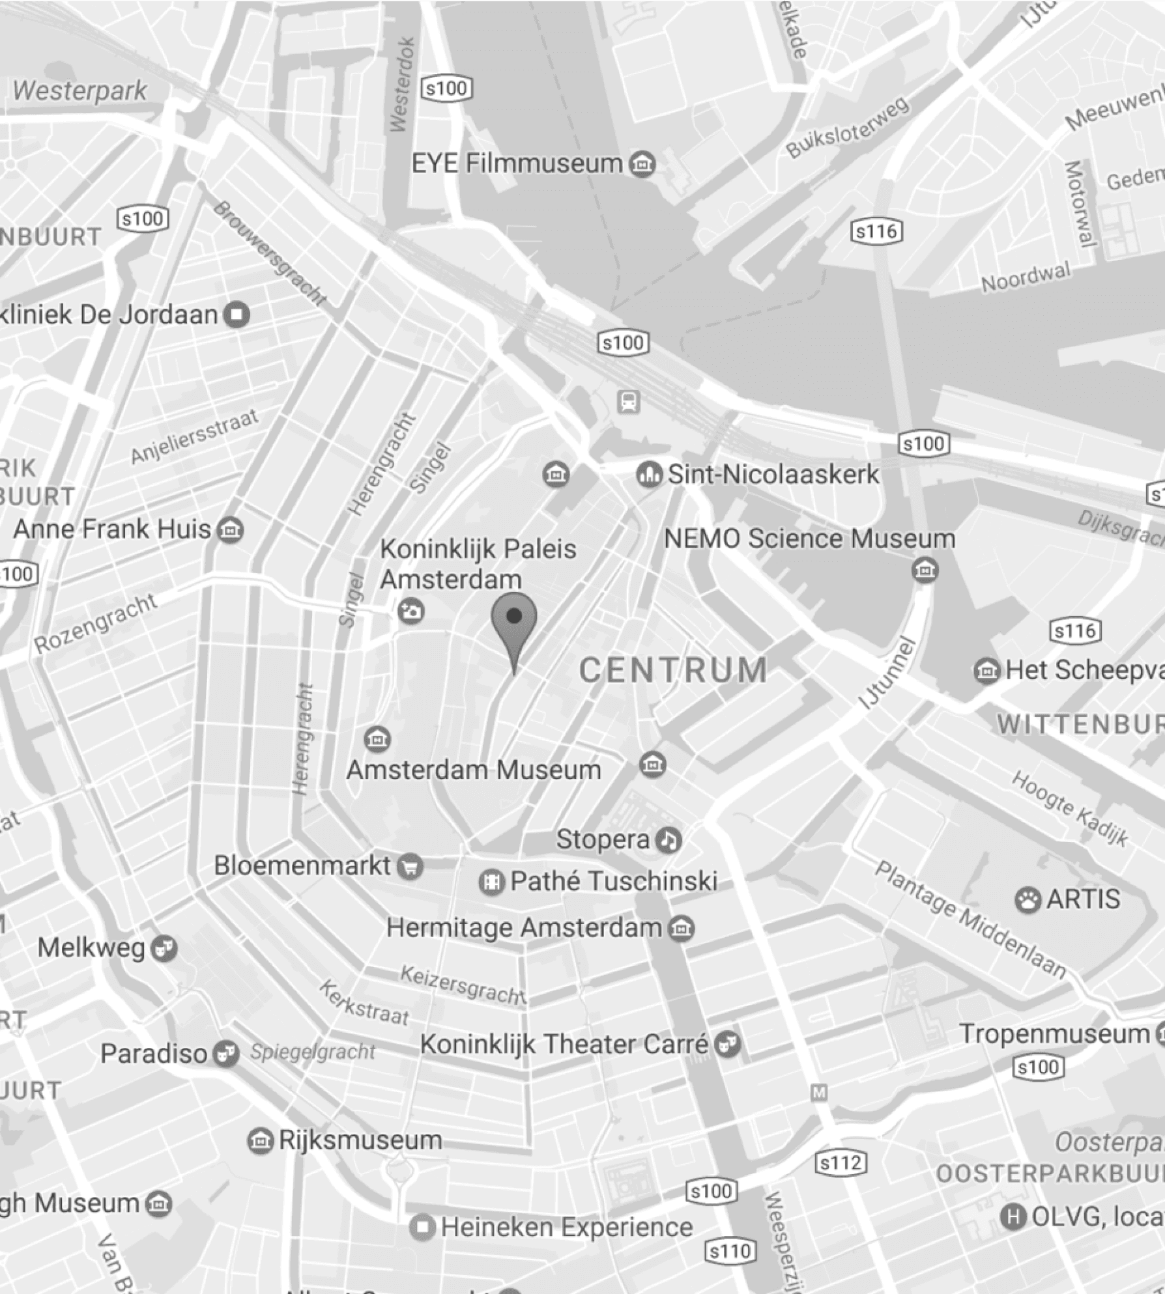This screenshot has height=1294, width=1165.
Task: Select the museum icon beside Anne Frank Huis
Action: (x=230, y=529)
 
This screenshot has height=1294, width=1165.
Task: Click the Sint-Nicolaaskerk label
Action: (x=773, y=475)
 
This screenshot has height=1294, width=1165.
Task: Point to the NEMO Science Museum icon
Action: (x=925, y=570)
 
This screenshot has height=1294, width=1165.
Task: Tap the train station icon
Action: (x=629, y=402)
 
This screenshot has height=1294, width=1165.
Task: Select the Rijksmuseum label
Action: (x=360, y=1140)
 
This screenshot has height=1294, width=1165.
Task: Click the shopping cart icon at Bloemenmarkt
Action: (x=410, y=867)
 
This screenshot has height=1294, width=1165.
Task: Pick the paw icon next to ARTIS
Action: (x=1028, y=901)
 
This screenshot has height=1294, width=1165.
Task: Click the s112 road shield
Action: (x=841, y=1163)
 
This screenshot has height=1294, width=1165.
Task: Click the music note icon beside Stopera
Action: (x=668, y=840)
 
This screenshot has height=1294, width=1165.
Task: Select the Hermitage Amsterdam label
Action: (x=524, y=928)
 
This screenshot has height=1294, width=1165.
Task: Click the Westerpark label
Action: (x=79, y=91)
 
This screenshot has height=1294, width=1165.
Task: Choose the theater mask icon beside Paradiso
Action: (x=226, y=1053)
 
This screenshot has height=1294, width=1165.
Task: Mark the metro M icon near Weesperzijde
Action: (x=819, y=1093)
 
